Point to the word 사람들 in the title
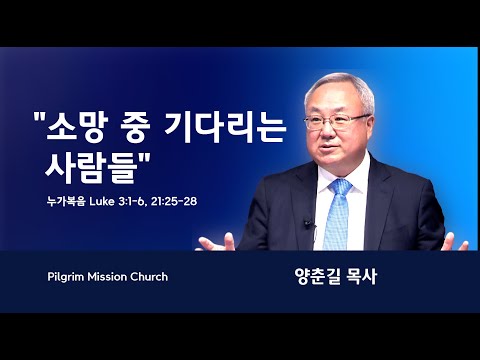coord(89,169)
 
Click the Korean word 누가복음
coord(66,201)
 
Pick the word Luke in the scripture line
coord(102,201)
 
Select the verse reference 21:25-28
coord(174,201)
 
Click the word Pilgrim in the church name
coord(66,277)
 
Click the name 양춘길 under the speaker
coord(317,277)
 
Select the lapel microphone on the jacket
coord(308,224)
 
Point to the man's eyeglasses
coord(337,121)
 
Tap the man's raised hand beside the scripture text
coord(216,242)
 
